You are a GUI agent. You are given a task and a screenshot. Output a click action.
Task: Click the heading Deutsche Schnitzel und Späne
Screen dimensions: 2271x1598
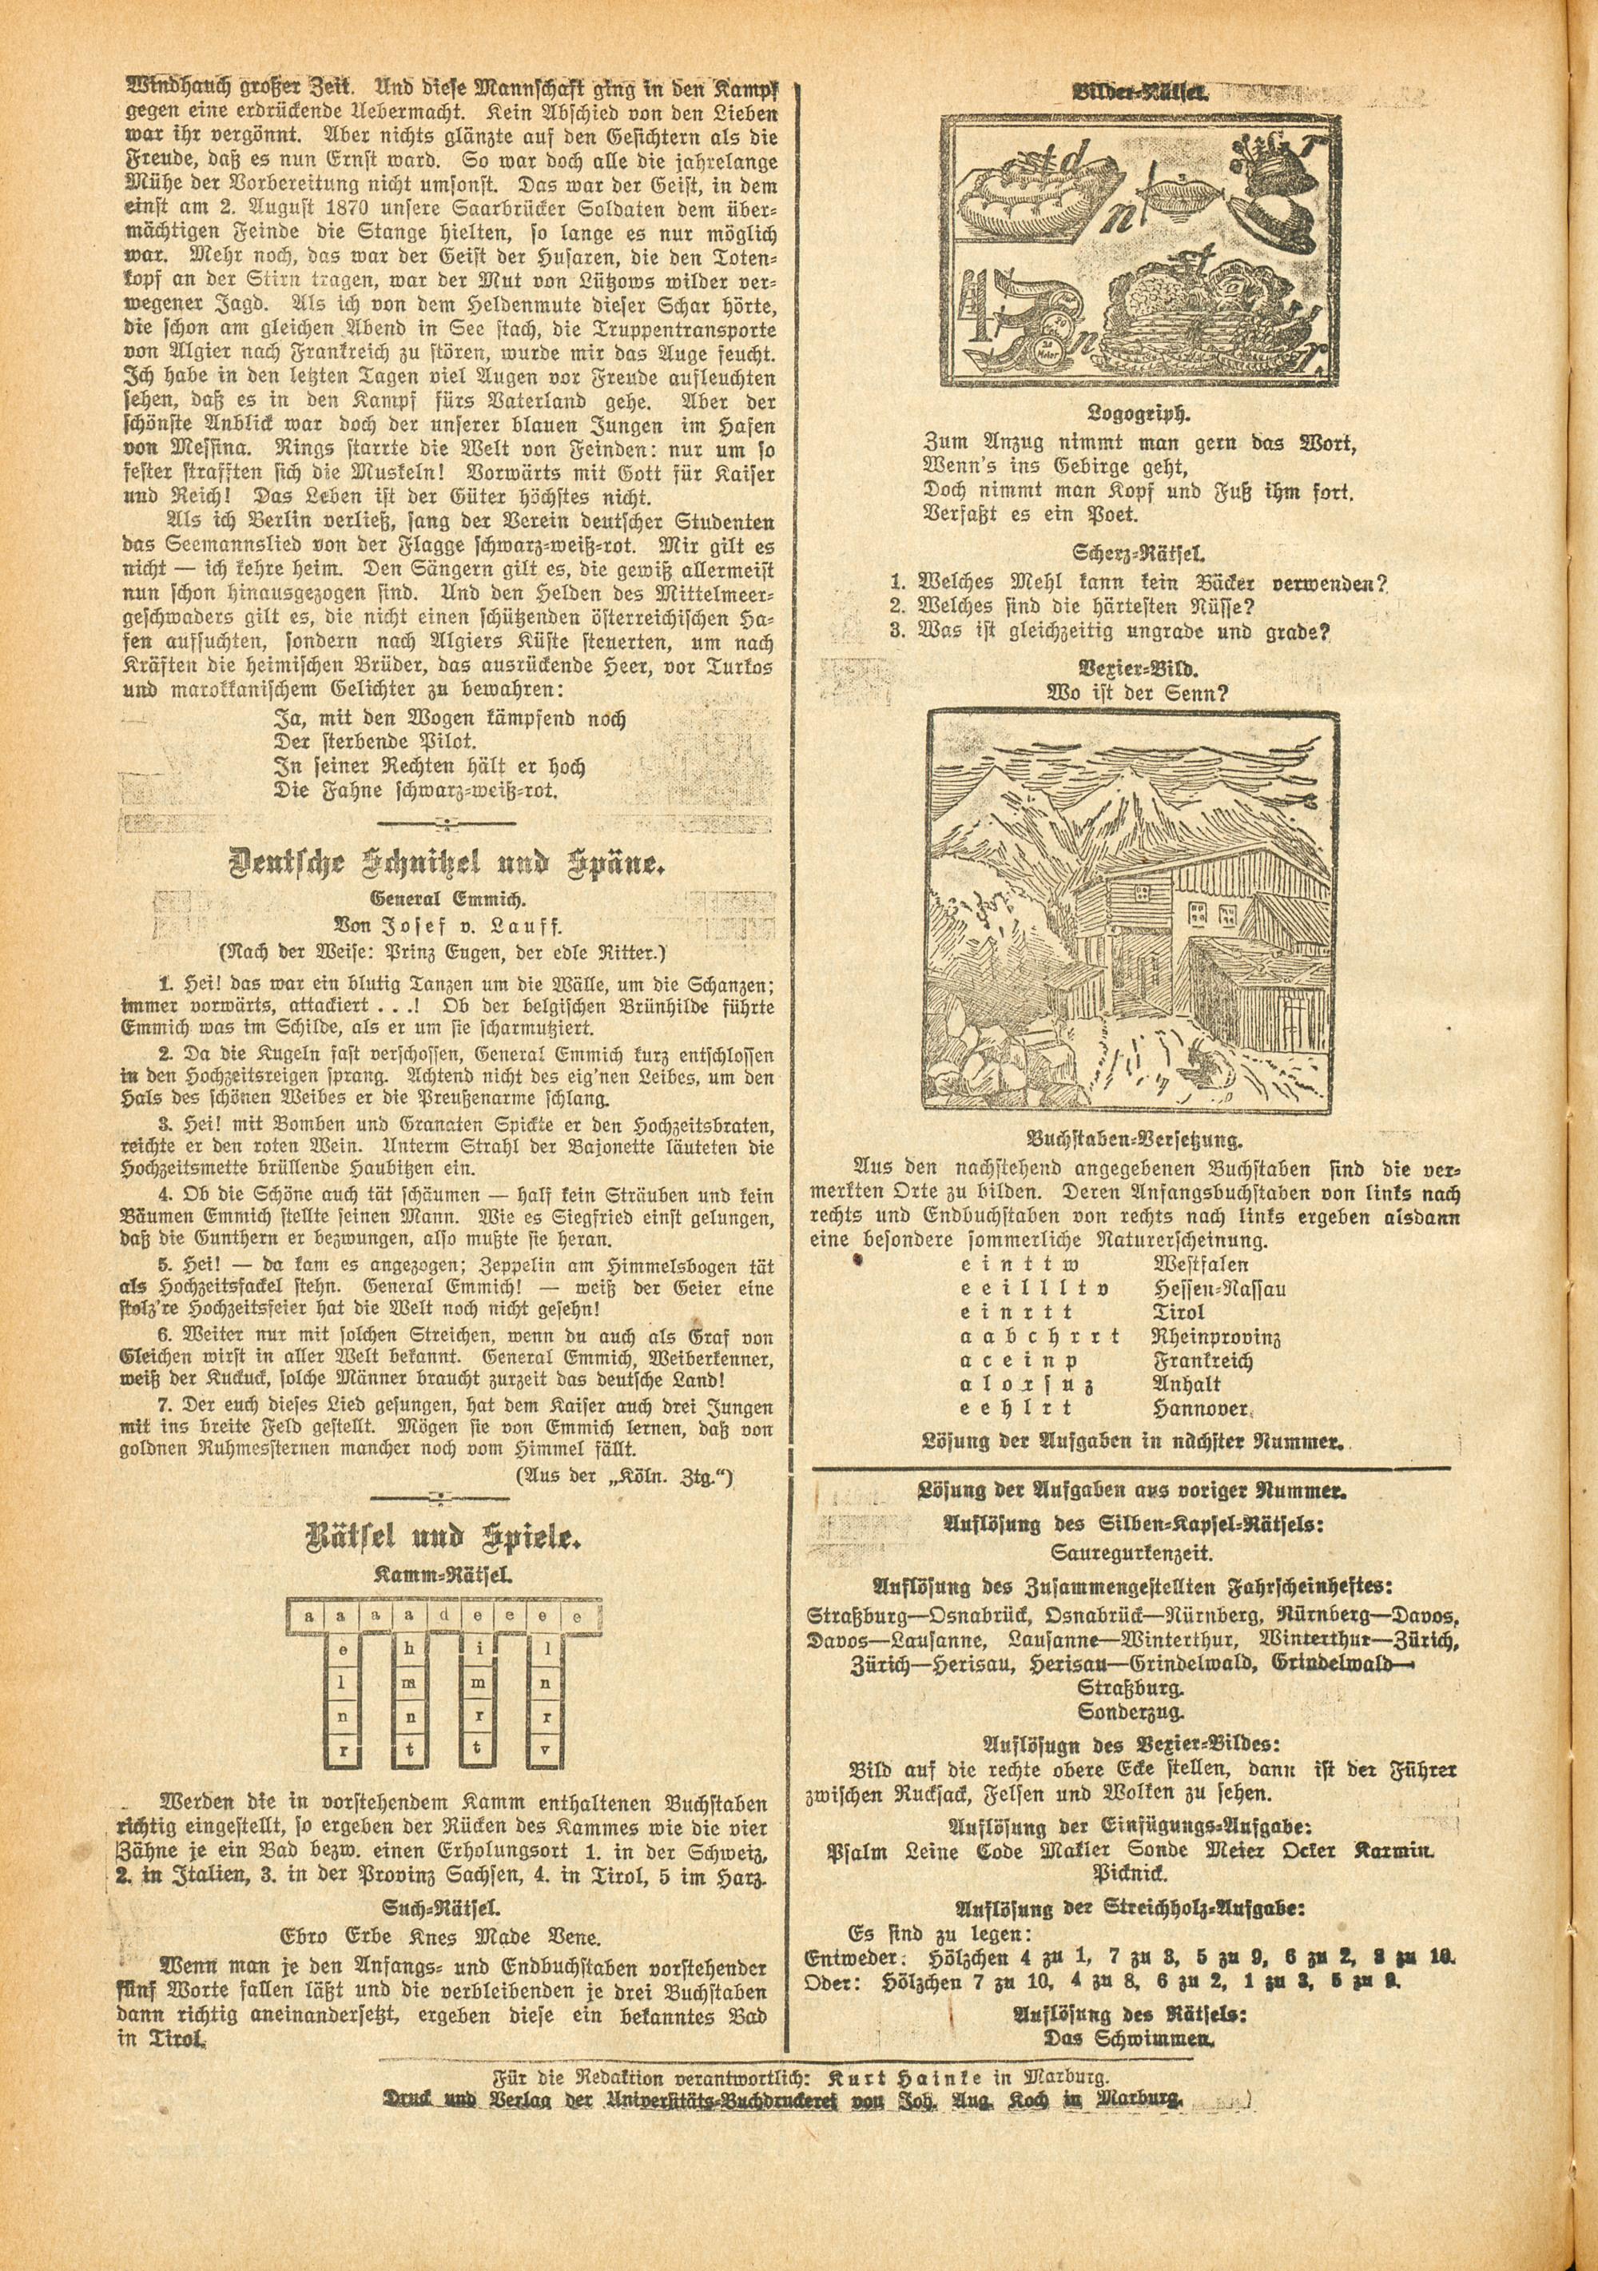tap(447, 863)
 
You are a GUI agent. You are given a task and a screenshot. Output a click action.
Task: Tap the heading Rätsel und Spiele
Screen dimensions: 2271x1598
tap(446, 1538)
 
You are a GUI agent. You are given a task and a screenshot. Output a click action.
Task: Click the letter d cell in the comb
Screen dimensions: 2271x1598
tap(447, 1616)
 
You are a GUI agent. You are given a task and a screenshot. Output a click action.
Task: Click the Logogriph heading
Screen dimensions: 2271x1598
tap(1136, 412)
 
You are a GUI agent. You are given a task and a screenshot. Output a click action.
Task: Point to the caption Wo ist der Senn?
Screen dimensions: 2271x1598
tap(1137, 692)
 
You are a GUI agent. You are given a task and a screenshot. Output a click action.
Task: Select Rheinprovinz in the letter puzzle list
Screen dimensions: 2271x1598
tap(1215, 1337)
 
